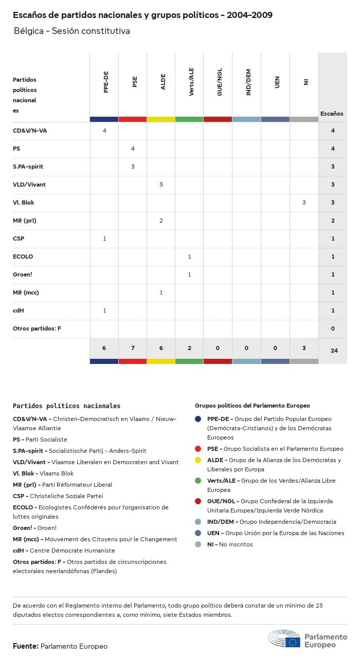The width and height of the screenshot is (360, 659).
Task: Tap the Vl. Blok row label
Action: click(24, 203)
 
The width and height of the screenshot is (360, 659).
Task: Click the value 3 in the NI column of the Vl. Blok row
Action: click(304, 203)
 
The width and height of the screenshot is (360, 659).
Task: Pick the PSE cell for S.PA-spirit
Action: click(133, 167)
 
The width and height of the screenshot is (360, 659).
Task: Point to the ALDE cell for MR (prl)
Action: click(161, 221)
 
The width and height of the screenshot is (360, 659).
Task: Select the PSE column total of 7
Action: click(133, 348)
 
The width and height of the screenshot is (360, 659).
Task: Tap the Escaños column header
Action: click(332, 114)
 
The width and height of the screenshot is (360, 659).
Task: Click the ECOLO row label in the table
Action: click(23, 257)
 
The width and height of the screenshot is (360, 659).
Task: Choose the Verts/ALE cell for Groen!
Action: click(189, 274)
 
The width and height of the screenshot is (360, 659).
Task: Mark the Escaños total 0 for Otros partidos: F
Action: click(333, 328)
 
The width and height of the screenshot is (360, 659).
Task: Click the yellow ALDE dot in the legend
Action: click(198, 460)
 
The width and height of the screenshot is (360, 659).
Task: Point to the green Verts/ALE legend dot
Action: click(198, 481)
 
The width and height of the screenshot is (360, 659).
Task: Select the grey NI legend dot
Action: click(198, 544)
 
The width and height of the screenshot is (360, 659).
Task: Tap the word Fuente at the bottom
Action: click(25, 646)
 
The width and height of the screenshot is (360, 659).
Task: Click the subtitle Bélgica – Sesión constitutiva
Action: click(72, 31)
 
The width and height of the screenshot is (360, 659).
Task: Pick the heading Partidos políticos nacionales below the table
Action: click(66, 406)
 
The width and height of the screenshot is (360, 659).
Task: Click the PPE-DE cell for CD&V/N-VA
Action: click(104, 131)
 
